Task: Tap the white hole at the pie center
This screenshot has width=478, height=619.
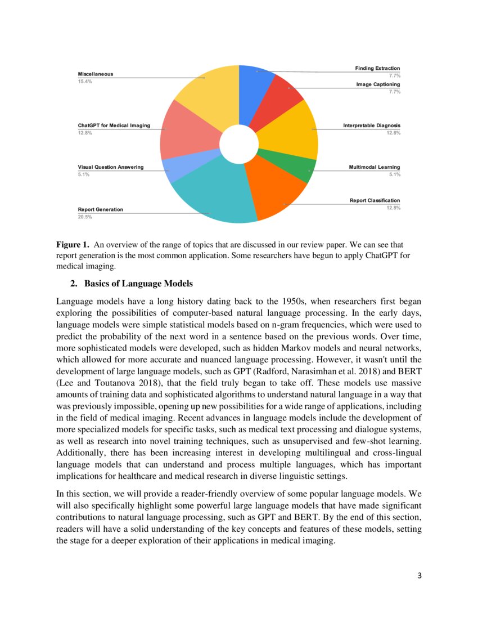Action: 239,144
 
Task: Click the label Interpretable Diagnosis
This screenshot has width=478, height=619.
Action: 372,125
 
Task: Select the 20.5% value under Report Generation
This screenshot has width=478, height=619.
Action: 85,217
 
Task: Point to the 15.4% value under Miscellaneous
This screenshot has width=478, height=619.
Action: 85,82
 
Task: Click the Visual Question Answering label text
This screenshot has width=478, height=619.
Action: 110,167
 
